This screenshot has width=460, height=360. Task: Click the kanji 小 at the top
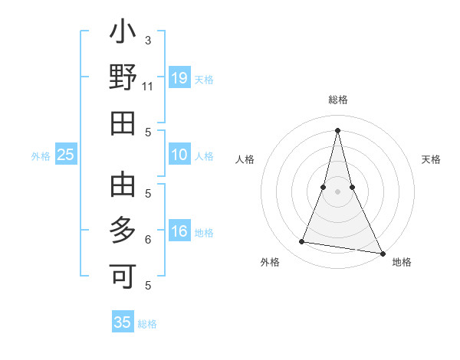(123, 34)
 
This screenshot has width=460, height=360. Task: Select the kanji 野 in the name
(123, 78)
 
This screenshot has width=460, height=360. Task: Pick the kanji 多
(123, 230)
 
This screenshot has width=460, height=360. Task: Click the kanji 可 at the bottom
(123, 274)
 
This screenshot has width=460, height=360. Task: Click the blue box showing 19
(179, 78)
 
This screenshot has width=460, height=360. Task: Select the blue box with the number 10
(179, 155)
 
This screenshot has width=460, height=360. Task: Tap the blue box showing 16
(179, 231)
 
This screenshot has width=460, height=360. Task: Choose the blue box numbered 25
(66, 155)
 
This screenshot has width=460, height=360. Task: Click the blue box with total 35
(123, 322)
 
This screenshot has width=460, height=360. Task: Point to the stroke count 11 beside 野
(147, 87)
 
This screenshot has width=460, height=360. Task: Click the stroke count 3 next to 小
(147, 40)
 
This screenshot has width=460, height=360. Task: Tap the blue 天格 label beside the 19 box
(204, 79)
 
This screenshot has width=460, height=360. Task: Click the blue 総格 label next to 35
(147, 324)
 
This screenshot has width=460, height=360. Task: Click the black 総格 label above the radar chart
(338, 100)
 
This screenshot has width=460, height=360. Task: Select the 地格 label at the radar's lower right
(402, 262)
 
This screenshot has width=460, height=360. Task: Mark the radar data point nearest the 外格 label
(302, 242)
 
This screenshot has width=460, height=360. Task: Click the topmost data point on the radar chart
(338, 129)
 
